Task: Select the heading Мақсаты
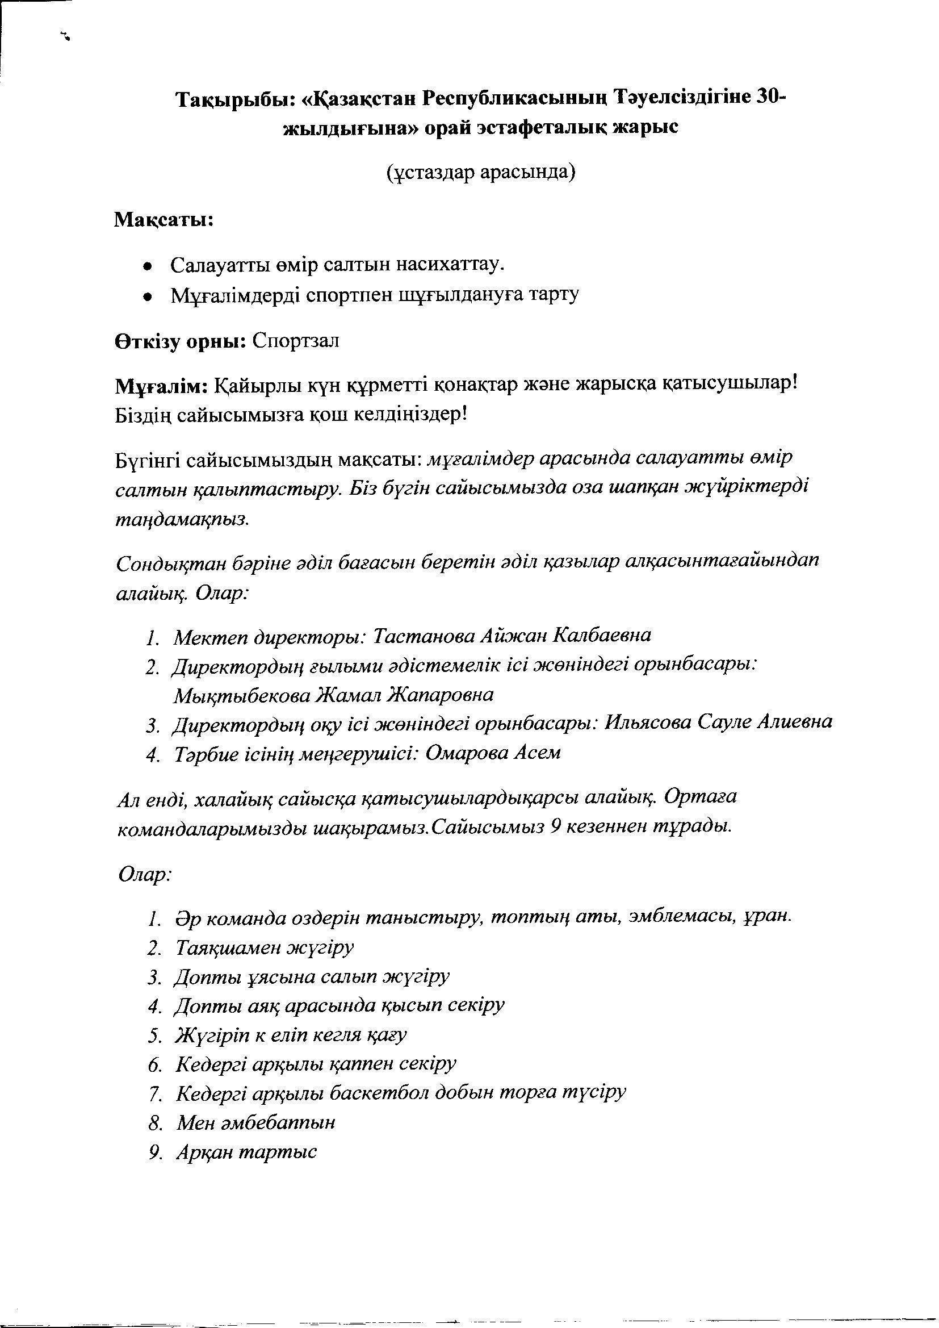[164, 220]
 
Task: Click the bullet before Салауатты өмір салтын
[149, 266]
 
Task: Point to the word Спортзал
[295, 341]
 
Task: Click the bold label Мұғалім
[162, 386]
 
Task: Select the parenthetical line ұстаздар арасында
[480, 172]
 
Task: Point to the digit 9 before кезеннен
[555, 827]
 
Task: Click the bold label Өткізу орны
[179, 341]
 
